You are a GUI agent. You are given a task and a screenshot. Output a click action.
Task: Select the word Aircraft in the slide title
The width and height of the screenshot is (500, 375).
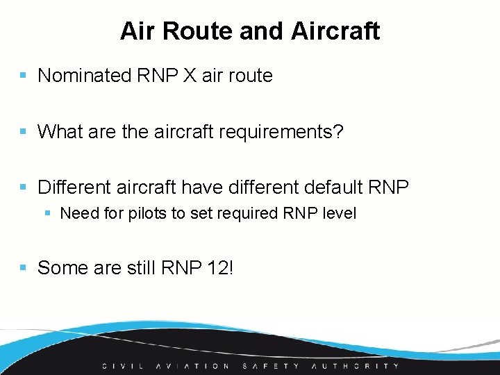(x=335, y=31)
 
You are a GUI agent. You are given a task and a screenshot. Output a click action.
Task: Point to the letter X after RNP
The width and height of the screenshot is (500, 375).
(x=190, y=76)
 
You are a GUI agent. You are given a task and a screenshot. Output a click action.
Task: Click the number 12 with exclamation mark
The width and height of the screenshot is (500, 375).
(x=220, y=267)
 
